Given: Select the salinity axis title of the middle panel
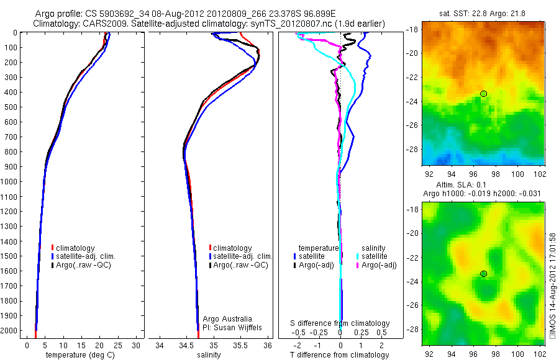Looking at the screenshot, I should pos(209,355).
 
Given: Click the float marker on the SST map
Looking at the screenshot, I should pos(483,94).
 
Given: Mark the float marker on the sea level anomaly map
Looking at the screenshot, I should pos(483,274).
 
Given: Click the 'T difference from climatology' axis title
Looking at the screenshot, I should pos(340,355).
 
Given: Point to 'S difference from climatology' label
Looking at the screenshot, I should pos(340,323).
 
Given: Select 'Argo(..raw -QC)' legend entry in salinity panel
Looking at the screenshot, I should pos(240,265).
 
